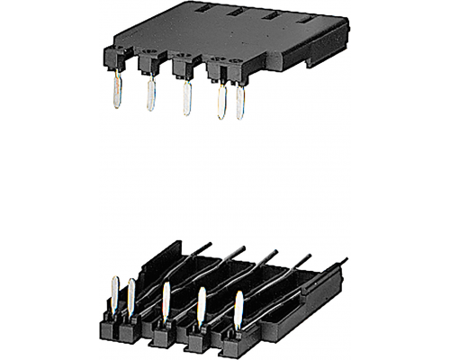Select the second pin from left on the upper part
[x=150, y=94]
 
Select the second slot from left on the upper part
[x=237, y=13]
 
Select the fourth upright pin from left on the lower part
[x=202, y=304]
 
